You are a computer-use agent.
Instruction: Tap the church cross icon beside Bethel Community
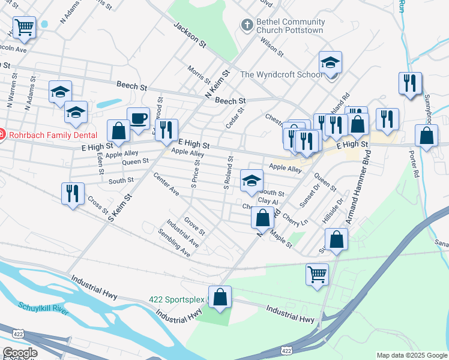tap(246, 25)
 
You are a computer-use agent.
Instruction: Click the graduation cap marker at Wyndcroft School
tap(330, 63)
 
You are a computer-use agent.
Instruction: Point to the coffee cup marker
tap(138, 118)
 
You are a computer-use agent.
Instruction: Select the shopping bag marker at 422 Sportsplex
tap(220, 297)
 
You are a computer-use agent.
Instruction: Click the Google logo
tap(20, 353)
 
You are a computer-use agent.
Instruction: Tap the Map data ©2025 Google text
tap(412, 355)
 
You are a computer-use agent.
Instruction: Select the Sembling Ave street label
tap(174, 242)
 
